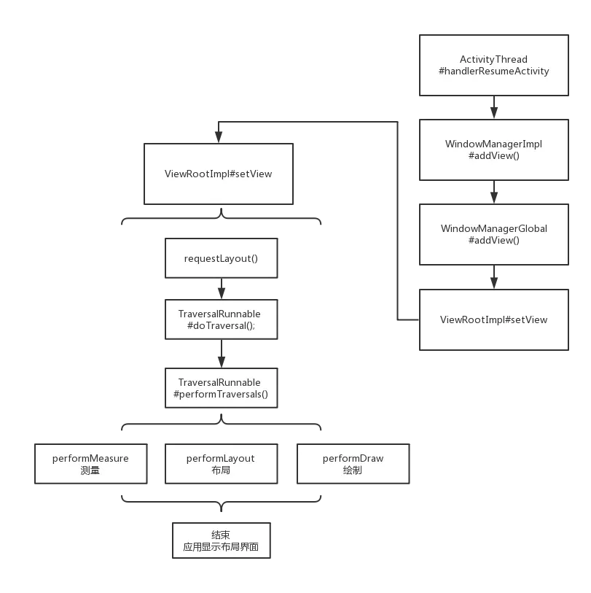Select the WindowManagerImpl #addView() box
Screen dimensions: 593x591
click(x=493, y=150)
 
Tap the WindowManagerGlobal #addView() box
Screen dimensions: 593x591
click(x=493, y=233)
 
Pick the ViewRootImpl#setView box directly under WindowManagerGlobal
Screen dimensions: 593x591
click(x=493, y=319)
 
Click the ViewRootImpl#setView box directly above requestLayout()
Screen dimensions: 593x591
click(x=219, y=174)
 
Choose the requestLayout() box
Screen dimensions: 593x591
click(x=221, y=257)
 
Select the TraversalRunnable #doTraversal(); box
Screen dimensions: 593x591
click(x=221, y=319)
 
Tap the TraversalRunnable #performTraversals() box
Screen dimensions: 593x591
click(x=221, y=388)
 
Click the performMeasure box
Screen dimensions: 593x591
click(x=90, y=464)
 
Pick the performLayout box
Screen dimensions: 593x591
click(x=221, y=464)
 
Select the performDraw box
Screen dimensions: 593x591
click(x=353, y=464)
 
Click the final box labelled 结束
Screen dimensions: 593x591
click(x=221, y=540)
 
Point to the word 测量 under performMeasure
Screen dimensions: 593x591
click(x=90, y=470)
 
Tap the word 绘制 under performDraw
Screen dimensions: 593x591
click(x=353, y=470)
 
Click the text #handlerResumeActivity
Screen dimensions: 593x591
click(x=493, y=71)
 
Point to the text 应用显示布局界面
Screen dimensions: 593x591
click(x=221, y=546)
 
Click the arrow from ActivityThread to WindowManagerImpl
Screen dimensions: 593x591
click(x=495, y=109)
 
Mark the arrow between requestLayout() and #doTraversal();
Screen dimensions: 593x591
click(x=221, y=289)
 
